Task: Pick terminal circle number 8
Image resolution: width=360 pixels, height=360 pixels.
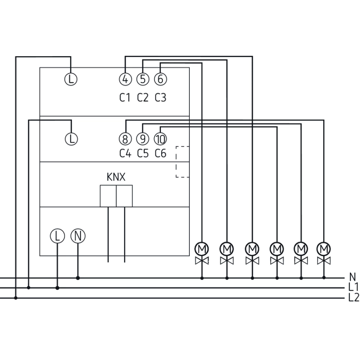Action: click(125, 139)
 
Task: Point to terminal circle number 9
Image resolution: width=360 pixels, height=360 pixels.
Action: click(143, 139)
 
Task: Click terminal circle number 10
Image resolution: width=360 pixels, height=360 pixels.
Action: click(160, 139)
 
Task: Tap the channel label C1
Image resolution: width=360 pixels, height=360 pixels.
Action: click(125, 98)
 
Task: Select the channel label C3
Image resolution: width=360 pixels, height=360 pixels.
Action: click(161, 98)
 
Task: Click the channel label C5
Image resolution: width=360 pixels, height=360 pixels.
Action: click(143, 154)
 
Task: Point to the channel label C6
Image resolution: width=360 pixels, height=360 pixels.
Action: click(161, 154)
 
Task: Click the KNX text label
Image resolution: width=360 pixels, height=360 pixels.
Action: click(116, 177)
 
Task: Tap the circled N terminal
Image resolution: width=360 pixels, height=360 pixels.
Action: click(78, 236)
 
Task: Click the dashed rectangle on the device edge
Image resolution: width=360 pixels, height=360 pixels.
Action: click(183, 162)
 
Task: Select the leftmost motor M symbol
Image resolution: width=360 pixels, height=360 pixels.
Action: click(202, 248)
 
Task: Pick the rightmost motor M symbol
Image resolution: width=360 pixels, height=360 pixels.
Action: click(324, 248)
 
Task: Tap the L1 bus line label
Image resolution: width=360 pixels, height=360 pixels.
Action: click(354, 288)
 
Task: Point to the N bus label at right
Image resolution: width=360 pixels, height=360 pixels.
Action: click(352, 277)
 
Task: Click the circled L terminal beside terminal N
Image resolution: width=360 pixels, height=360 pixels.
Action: click(57, 236)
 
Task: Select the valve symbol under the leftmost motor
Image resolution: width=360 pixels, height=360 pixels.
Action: click(202, 260)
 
